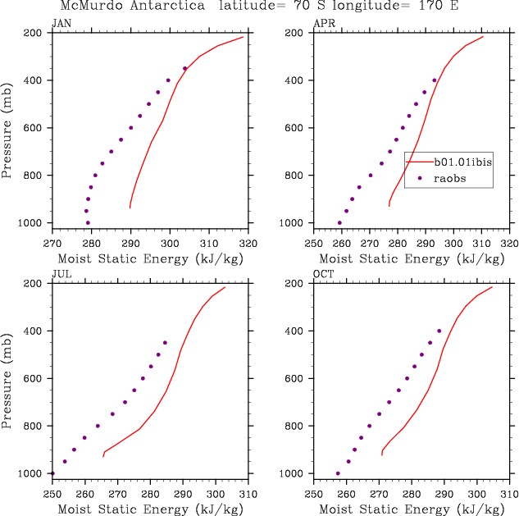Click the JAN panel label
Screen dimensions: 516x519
click(61, 22)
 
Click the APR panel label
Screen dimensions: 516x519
click(324, 22)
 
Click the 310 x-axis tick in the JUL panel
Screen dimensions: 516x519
click(248, 494)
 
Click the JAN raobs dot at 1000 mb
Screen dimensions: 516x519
click(88, 222)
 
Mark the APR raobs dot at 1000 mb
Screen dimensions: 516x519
click(339, 222)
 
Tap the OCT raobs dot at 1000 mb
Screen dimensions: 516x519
click(338, 473)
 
